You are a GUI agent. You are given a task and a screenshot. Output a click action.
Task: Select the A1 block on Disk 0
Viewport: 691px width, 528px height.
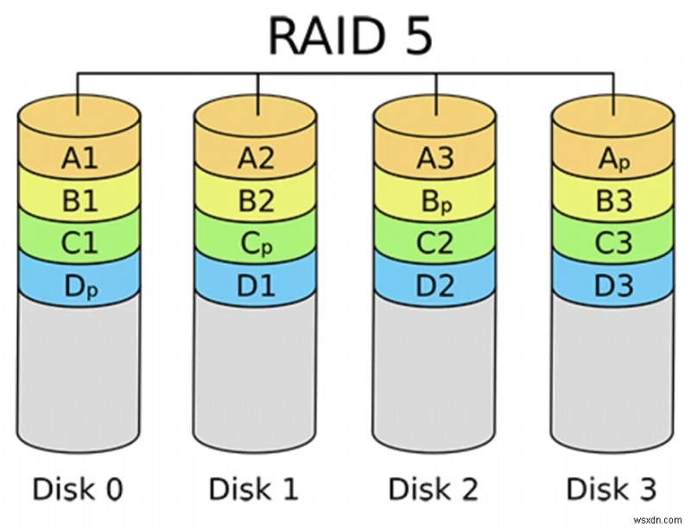[x=79, y=158]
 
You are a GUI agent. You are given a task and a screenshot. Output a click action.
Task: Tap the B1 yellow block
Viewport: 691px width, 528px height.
[x=79, y=201]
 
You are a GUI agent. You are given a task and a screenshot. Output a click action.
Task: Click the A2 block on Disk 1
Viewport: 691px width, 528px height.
[x=257, y=158]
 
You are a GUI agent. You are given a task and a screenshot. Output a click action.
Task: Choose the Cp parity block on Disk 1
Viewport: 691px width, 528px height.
[x=257, y=244]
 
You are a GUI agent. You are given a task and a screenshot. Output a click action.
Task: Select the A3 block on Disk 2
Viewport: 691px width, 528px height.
[x=434, y=158]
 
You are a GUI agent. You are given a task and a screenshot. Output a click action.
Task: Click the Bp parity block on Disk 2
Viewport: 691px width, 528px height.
[x=434, y=201]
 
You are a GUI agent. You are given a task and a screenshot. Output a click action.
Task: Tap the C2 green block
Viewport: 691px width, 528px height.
[x=434, y=244]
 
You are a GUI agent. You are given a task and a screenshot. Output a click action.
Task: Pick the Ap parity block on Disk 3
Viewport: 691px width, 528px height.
[x=612, y=158]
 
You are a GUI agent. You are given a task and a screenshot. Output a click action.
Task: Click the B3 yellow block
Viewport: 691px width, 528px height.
[x=612, y=201]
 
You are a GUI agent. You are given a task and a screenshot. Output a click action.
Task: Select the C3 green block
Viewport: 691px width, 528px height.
[x=612, y=244]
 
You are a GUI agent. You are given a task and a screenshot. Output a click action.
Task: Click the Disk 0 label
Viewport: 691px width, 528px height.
[x=78, y=489]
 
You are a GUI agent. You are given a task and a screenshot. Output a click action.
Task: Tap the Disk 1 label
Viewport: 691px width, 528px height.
[x=256, y=489]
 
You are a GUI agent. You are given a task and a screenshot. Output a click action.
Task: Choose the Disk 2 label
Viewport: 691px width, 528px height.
[x=434, y=489]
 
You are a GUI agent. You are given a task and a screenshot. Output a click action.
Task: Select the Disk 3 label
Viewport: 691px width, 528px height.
[x=612, y=489]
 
